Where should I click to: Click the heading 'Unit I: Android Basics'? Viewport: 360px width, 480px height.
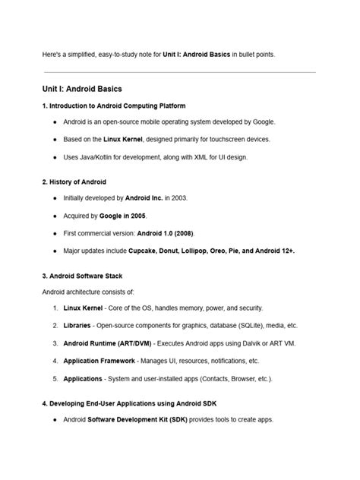point(81,89)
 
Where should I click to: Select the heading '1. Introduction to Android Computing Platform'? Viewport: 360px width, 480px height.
point(114,106)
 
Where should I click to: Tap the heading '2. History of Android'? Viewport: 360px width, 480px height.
point(74,182)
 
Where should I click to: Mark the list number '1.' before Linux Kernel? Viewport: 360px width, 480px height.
point(55,308)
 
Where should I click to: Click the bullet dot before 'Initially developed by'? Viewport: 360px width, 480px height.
point(55,198)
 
